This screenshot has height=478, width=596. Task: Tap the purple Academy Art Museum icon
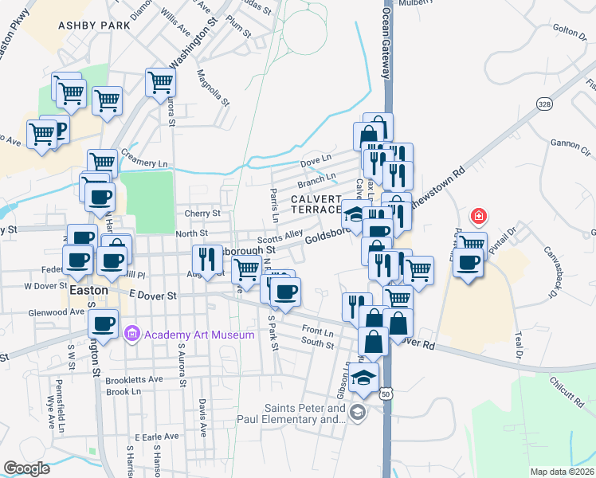click(133, 334)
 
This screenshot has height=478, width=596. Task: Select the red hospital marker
click(478, 215)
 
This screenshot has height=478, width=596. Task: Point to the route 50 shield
click(386, 394)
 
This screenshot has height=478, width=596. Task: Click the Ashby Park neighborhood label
click(94, 25)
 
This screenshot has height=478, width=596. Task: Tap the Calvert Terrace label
click(316, 203)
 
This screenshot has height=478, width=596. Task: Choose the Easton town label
click(88, 291)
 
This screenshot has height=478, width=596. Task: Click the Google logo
click(27, 468)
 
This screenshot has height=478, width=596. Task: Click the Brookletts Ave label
click(134, 380)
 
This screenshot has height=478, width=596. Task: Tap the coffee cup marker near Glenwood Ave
click(102, 323)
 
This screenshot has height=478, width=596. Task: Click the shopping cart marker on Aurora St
click(160, 81)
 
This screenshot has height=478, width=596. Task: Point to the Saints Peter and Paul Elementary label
click(292, 414)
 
